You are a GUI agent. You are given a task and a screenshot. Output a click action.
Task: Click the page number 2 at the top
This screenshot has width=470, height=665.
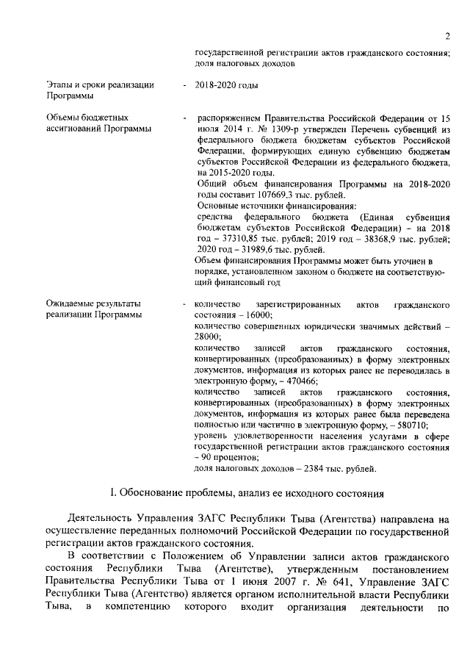[x=446, y=36]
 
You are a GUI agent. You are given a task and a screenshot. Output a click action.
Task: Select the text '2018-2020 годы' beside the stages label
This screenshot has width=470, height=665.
[x=227, y=86]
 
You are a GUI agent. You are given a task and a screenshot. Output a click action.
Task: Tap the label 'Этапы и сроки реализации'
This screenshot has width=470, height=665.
[x=100, y=86]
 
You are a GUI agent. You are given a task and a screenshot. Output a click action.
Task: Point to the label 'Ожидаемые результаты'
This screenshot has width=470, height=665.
[x=93, y=303]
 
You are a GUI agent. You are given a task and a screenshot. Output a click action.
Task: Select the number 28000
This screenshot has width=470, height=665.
[x=210, y=336]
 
